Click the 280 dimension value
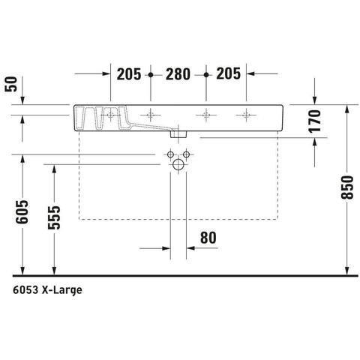pyautogui.click(x=178, y=74)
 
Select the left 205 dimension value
pyautogui.click(x=129, y=74)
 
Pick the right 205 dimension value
pyautogui.click(x=228, y=73)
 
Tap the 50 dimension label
pyautogui.click(x=11, y=84)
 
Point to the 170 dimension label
pyautogui.click(x=314, y=121)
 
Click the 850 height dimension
pyautogui.click(x=347, y=187)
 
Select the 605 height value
pyautogui.click(x=22, y=211)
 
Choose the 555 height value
pyautogui.click(x=54, y=217)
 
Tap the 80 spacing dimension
pyautogui.click(x=208, y=238)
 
